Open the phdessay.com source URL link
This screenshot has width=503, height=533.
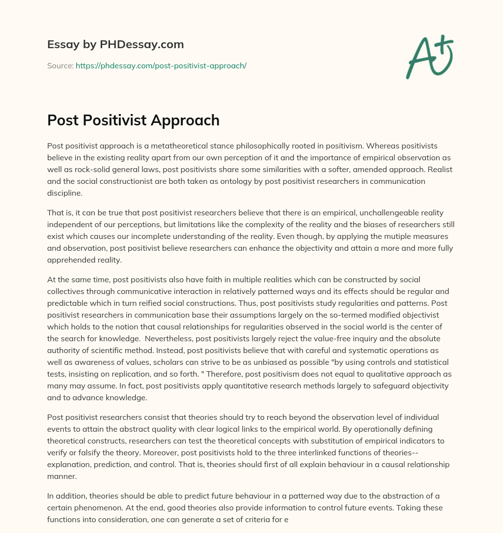pos(161,65)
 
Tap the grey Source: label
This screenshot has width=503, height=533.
pos(60,65)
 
